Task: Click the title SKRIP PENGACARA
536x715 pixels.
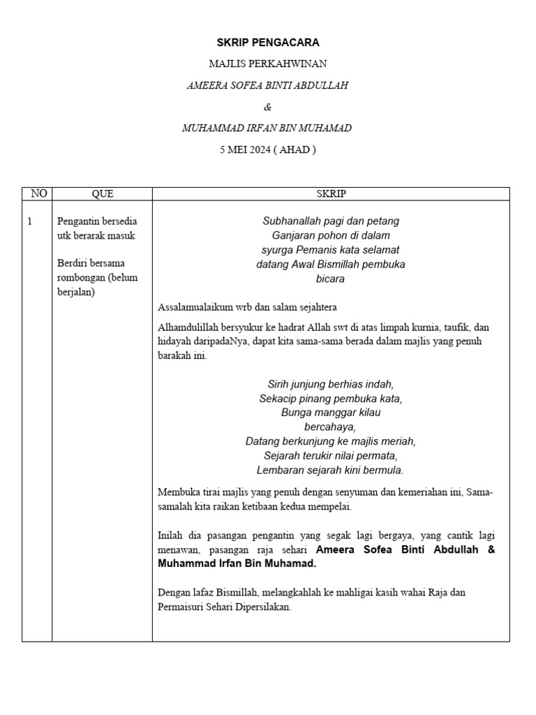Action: point(268,43)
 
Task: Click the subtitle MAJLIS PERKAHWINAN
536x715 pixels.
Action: point(268,64)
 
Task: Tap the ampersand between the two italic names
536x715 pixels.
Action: point(267,107)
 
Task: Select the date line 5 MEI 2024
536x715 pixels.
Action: point(268,149)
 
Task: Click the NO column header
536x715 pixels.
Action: point(36,193)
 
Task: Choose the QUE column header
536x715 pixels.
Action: point(102,193)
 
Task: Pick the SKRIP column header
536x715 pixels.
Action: point(331,193)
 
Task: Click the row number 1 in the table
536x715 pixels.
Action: point(30,221)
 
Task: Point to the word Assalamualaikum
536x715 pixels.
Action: point(194,307)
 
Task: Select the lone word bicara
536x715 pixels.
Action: point(331,279)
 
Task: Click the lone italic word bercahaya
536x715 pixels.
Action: point(331,427)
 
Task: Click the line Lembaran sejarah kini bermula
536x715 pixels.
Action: point(331,470)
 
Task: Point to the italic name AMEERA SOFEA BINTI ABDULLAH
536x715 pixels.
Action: point(268,85)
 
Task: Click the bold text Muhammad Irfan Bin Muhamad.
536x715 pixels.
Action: point(237,563)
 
